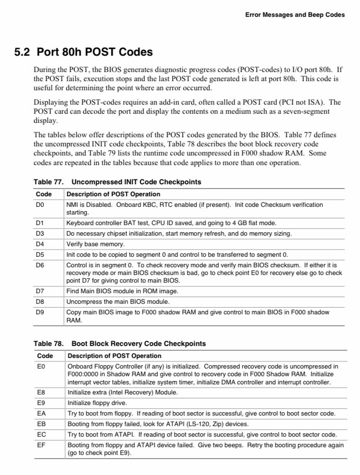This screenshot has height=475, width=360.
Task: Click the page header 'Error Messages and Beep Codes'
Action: tap(295, 15)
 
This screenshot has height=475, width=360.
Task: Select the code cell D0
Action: tap(40, 205)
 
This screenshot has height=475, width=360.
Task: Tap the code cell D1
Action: tap(40, 223)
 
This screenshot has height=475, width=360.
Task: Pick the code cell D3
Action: tap(40, 234)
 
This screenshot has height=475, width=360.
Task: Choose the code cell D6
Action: tap(40, 265)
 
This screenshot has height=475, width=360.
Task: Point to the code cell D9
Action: tap(40, 312)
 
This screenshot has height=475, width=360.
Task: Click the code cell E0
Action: tap(41, 366)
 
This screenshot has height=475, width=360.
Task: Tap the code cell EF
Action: tap(41, 445)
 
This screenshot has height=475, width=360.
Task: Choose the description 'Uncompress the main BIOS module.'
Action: tap(118, 302)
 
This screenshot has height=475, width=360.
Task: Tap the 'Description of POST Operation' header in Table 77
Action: tap(113, 194)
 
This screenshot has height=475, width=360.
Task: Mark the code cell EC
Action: tap(41, 435)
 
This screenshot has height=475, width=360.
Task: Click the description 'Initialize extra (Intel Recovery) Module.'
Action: tap(122, 392)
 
